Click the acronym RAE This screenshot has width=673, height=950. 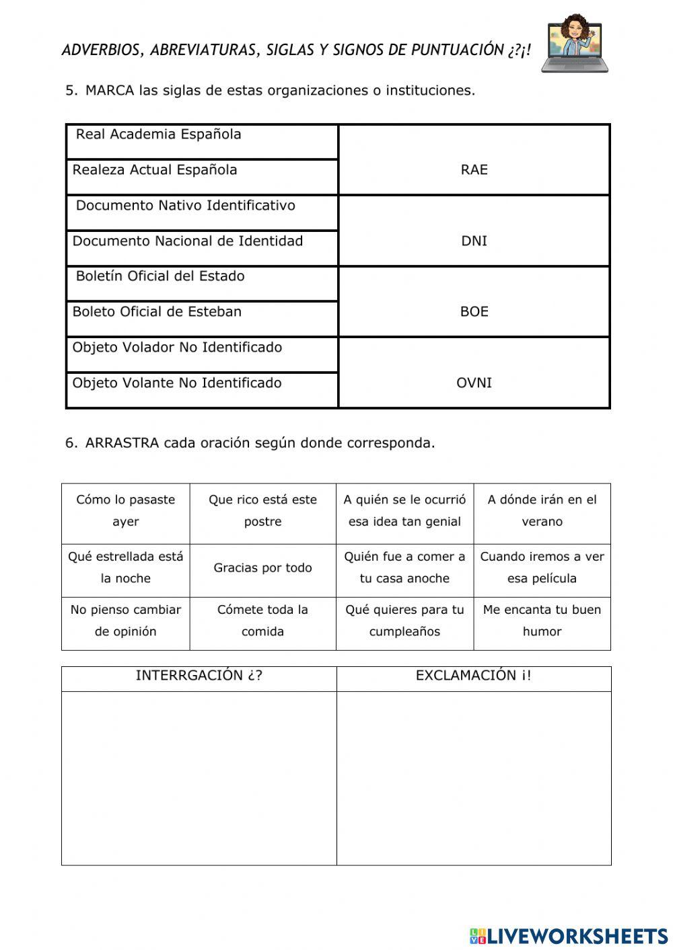[x=474, y=170]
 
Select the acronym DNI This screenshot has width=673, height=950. [x=474, y=241]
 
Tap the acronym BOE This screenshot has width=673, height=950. [x=474, y=312]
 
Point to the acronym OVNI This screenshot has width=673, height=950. [x=474, y=383]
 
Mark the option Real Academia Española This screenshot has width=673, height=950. [x=158, y=134]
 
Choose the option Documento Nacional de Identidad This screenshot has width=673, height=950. [x=188, y=241]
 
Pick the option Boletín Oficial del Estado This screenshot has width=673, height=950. [x=160, y=276]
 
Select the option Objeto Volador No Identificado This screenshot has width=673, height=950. [x=177, y=348]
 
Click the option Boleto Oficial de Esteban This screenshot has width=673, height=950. [x=157, y=312]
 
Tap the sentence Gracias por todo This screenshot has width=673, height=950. [x=262, y=568]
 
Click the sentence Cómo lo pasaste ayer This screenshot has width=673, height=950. [x=126, y=510]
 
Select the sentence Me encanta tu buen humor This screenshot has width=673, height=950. [x=542, y=621]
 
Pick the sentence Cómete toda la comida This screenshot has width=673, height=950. [x=262, y=621]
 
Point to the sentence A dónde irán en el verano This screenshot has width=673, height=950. [x=542, y=510]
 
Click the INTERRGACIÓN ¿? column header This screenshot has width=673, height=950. [x=199, y=676]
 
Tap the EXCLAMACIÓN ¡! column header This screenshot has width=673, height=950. [x=473, y=676]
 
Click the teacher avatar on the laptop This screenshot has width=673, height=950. [x=575, y=42]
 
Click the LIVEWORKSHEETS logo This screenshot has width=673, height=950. [x=568, y=935]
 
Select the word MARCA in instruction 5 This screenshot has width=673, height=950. [x=110, y=91]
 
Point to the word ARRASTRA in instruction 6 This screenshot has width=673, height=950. [x=122, y=443]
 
